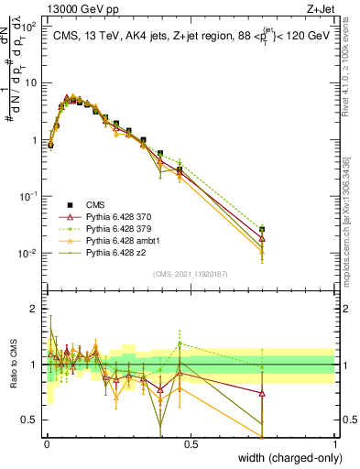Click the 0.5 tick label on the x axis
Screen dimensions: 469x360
click(x=191, y=444)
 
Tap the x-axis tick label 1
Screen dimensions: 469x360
click(x=334, y=444)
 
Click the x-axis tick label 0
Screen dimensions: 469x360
click(x=46, y=444)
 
